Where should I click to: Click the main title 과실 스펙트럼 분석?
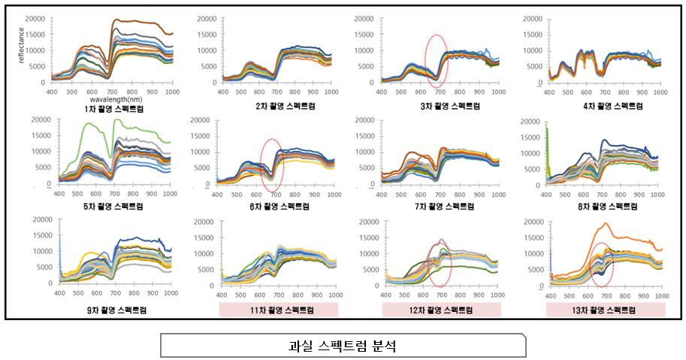(343, 346)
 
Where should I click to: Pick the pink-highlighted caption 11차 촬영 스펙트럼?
(279, 310)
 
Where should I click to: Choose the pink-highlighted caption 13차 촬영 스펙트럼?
(606, 310)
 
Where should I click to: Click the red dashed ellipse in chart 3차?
(437, 60)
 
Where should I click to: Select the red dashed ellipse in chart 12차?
(438, 265)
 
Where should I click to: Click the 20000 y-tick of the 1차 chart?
(37, 17)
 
